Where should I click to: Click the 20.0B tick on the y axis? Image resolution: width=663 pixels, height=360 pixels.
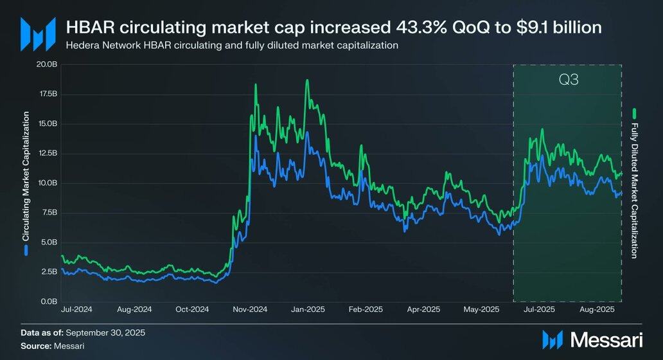point(48,64)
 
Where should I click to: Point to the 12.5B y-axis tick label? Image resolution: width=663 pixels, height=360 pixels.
point(48,153)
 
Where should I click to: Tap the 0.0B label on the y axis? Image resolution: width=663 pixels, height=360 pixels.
point(49,301)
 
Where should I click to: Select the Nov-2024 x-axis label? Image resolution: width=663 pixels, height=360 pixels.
point(250,309)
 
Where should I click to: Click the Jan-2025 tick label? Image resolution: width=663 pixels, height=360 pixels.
point(308,309)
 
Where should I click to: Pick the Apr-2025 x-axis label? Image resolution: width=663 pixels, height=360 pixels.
point(423,309)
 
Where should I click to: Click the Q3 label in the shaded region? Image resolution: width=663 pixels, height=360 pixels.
point(567,82)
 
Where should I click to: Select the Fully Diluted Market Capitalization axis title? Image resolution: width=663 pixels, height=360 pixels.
point(634,190)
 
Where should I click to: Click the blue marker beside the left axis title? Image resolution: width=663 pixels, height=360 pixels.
point(26,251)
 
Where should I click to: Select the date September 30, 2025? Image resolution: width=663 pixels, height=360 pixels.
point(105,332)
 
